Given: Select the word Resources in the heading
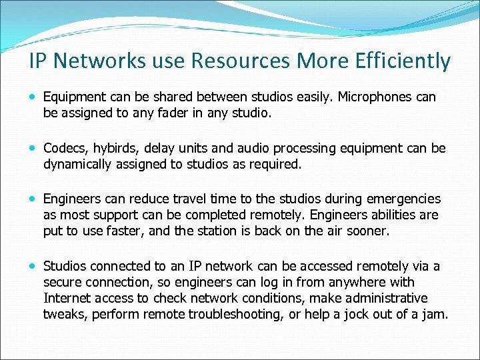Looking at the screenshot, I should click(x=242, y=61).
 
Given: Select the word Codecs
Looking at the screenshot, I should click(x=63, y=148).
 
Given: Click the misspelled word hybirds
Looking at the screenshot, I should click(x=113, y=148).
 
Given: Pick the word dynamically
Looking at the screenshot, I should click(x=80, y=164).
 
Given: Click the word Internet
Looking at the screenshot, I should click(x=69, y=298).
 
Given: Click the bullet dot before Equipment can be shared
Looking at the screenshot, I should click(x=34, y=97).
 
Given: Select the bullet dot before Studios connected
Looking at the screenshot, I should click(x=34, y=266).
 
